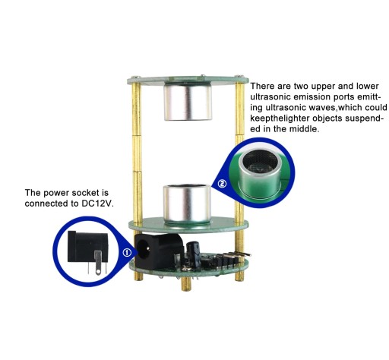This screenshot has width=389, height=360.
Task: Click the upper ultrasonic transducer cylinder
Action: [188, 102]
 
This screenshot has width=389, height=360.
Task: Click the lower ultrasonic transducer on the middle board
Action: [187, 204]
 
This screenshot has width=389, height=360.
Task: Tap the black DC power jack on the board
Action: [157, 251]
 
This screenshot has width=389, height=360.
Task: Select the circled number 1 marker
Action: [127, 252]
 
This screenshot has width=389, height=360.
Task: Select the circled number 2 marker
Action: [222, 183]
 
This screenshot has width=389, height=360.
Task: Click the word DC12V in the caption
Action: [97, 204]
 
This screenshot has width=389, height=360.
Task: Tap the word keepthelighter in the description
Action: [280, 118]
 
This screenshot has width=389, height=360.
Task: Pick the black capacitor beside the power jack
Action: [194, 254]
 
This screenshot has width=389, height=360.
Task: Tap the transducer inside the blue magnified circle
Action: [261, 173]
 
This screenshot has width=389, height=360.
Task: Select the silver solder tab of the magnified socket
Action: [98, 262]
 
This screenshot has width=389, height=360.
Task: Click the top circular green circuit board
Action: [188, 80]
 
